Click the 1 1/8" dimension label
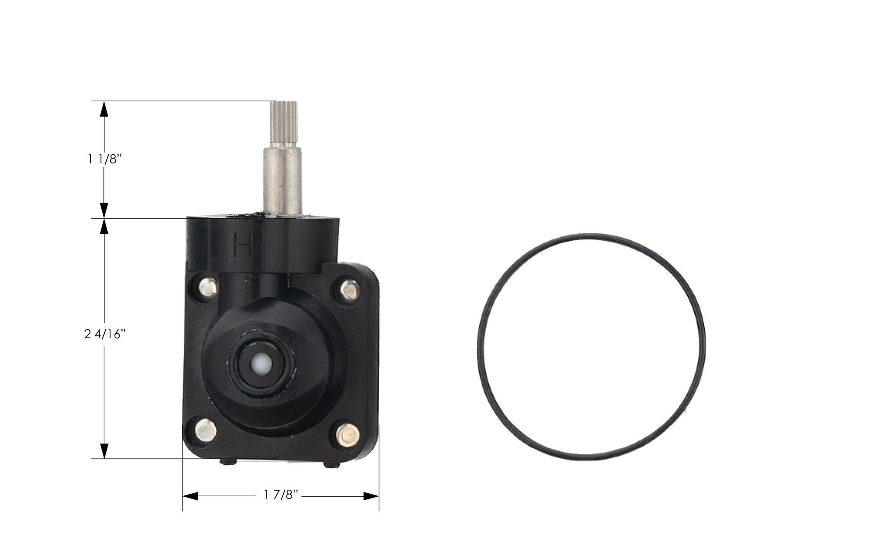point(104,159)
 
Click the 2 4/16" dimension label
point(105,335)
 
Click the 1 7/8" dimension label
point(281,495)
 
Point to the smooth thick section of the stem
point(283,180)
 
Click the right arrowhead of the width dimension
point(371,496)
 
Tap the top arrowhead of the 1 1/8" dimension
point(104,109)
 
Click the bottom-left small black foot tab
point(228,462)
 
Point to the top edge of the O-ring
point(591,235)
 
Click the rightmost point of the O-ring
point(704,346)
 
